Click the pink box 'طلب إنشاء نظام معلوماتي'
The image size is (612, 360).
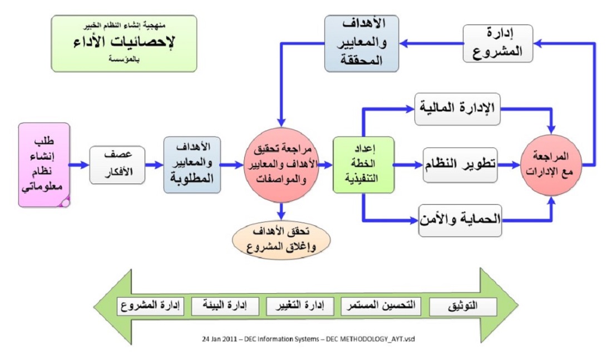click(x=44, y=165)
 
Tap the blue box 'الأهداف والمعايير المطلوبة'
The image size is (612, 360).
click(x=192, y=165)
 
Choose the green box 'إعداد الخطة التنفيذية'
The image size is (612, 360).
click(x=363, y=165)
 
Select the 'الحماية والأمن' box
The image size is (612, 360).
click(x=460, y=220)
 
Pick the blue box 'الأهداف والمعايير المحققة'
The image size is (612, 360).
click(x=362, y=43)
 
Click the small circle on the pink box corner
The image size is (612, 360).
click(x=65, y=203)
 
